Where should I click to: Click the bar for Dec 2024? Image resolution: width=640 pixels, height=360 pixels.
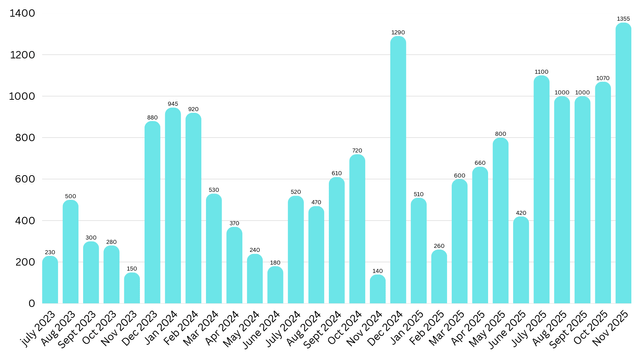click(398, 170)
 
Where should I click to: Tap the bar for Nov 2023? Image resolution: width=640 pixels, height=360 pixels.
click(132, 288)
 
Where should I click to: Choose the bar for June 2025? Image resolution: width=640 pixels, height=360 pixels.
click(521, 260)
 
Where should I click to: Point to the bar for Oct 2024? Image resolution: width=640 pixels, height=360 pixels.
click(357, 229)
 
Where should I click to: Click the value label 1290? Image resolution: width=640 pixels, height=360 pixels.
click(398, 32)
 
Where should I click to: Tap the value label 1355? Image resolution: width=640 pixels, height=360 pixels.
click(623, 18)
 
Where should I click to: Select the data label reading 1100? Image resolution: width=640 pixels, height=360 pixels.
click(541, 71)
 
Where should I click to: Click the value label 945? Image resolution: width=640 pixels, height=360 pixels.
click(173, 103)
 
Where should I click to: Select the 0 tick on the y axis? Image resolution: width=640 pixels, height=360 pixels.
click(33, 303)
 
